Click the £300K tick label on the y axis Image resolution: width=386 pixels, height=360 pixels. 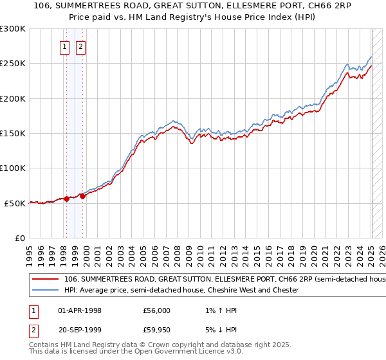click(13, 29)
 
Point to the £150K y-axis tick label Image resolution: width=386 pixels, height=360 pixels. click(13, 133)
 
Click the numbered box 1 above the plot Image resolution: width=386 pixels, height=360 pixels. click(66, 46)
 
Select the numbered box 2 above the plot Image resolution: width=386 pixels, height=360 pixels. click(81, 46)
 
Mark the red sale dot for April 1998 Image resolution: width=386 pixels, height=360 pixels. click(66, 199)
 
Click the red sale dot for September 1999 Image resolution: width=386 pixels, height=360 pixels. click(83, 196)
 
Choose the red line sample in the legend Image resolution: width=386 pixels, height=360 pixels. click(45, 280)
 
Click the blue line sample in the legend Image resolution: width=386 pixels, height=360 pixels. click(45, 290)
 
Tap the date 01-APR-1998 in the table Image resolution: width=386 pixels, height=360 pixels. click(80, 310)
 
